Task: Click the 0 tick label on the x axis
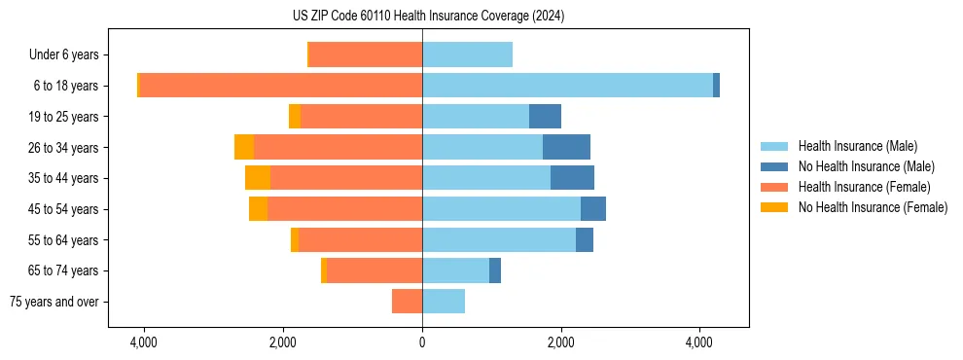tap(422, 343)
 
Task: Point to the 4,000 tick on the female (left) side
tap(144, 343)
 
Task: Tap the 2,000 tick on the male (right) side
tap(560, 343)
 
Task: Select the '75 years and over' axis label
tap(53, 302)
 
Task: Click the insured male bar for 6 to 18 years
tap(567, 86)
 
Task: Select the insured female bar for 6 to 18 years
tap(281, 86)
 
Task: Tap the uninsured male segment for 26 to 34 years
tap(566, 147)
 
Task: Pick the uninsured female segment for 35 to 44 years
tap(258, 178)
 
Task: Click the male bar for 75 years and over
tap(444, 302)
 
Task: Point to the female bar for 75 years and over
tap(408, 302)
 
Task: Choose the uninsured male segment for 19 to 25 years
tap(545, 117)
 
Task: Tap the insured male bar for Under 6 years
tap(467, 54)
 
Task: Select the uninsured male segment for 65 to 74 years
tap(495, 270)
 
